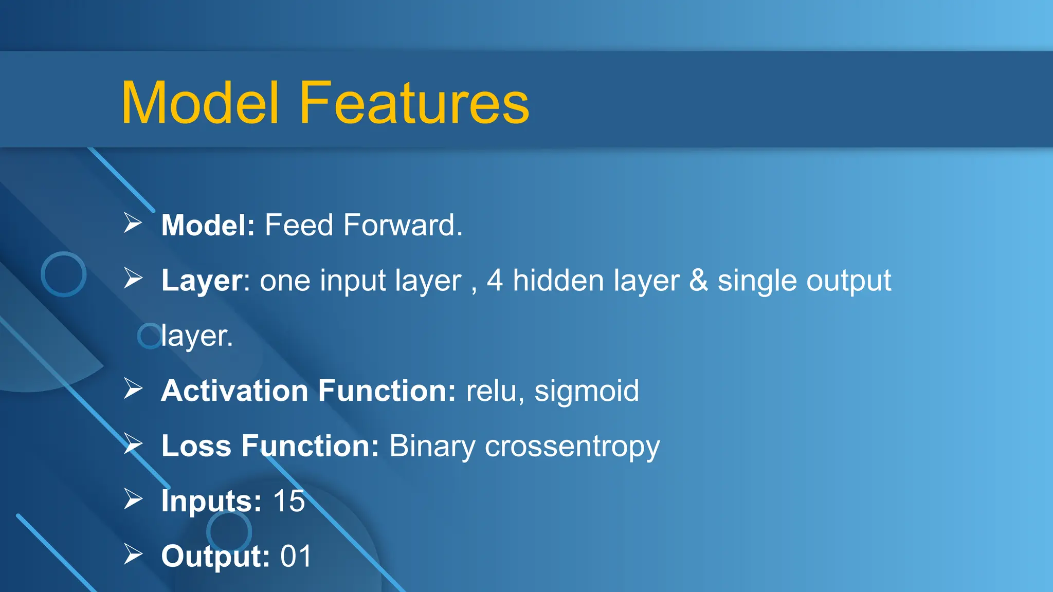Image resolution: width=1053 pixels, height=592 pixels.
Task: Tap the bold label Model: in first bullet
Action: pos(208,225)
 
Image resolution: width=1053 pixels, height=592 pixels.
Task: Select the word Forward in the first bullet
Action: pos(403,225)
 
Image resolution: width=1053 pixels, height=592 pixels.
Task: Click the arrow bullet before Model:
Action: pos(133,224)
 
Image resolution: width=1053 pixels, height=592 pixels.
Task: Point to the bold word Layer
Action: pos(202,281)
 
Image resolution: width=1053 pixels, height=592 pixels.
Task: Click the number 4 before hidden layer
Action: pos(495,281)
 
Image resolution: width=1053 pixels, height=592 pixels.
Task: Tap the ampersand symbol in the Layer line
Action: pos(698,281)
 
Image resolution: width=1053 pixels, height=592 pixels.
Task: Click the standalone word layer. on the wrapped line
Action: pos(197,336)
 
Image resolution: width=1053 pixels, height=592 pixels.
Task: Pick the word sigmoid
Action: pos(587,392)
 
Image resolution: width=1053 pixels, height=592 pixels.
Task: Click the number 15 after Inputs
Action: pos(289,501)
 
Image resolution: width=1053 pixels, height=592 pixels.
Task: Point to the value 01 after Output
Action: pos(296,556)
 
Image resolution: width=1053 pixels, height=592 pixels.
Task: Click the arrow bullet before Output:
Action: pos(133,554)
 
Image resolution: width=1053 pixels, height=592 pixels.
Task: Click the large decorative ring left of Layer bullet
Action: pos(63,274)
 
